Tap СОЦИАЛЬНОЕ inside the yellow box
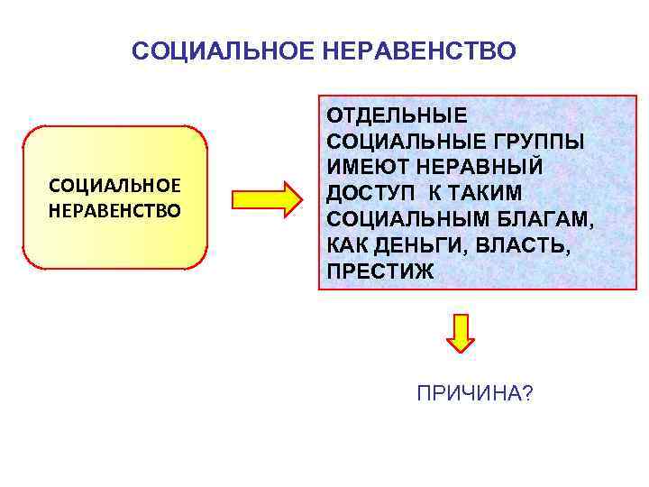coord(115,186)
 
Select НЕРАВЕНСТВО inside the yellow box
coord(115,210)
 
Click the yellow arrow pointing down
coord(462,332)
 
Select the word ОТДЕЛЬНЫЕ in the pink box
coord(397,115)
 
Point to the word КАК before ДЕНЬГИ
coord(349,246)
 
